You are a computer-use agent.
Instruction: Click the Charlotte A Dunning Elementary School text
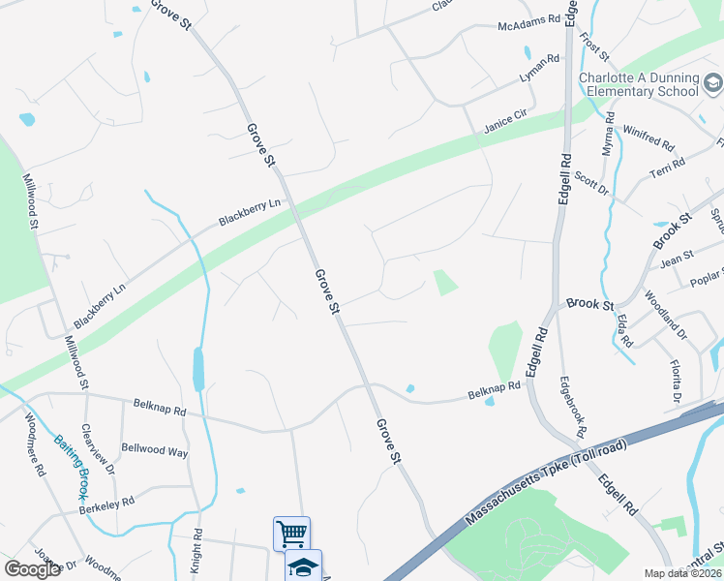coord(639,84)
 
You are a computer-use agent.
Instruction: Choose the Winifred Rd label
coord(649,137)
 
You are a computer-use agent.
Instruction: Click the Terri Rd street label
coord(668,166)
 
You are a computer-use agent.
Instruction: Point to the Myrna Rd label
coord(608,135)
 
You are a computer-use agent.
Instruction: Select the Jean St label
coord(677,259)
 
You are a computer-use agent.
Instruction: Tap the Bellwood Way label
coord(155,450)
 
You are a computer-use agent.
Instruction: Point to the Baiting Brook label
coord(72,465)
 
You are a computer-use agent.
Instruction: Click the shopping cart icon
coord(291,533)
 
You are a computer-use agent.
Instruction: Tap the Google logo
coord(33,569)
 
